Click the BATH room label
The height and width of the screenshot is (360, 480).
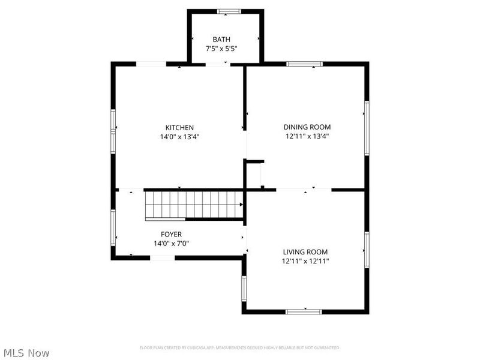pyautogui.click(x=221, y=40)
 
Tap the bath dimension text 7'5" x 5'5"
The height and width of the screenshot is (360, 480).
pyautogui.click(x=221, y=49)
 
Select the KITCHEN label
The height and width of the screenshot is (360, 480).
pyautogui.click(x=179, y=127)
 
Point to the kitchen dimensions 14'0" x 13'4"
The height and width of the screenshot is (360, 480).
pyautogui.click(x=179, y=136)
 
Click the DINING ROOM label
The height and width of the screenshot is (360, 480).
pyautogui.click(x=307, y=127)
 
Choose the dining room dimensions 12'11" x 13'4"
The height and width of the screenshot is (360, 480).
pyautogui.click(x=307, y=136)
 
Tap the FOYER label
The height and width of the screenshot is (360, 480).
pyautogui.click(x=171, y=234)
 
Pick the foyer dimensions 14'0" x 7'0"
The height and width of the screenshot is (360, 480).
pyautogui.click(x=171, y=243)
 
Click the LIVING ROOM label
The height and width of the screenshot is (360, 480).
pyautogui.click(x=305, y=252)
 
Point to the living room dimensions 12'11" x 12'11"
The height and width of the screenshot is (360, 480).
pyautogui.click(x=305, y=261)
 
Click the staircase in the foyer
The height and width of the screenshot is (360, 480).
pyautogui.click(x=193, y=205)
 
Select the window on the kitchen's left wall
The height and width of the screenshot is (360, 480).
pyautogui.click(x=113, y=131)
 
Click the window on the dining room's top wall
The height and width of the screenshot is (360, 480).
pyautogui.click(x=304, y=64)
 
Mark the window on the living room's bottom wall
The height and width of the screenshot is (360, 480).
pyautogui.click(x=304, y=311)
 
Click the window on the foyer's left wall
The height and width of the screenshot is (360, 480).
pyautogui.click(x=113, y=227)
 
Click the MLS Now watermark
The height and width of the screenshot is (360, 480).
pyautogui.click(x=26, y=353)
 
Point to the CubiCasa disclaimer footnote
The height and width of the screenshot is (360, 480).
pyautogui.click(x=239, y=348)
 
